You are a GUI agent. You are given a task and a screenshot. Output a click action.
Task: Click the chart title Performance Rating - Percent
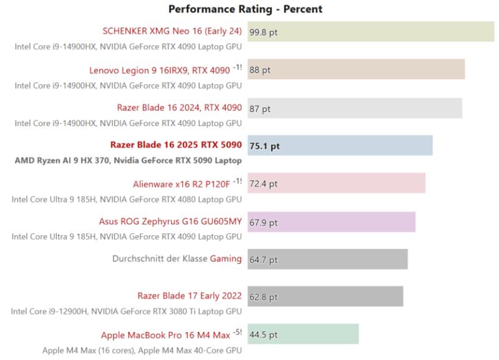[x=245, y=9]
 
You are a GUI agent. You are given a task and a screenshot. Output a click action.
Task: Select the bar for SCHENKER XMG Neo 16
[x=371, y=31]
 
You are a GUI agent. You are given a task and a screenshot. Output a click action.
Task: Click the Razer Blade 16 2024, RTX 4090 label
[x=179, y=108]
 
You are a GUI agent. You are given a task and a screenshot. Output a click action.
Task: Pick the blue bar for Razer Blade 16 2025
[x=340, y=146]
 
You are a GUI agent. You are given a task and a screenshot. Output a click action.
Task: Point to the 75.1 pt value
[x=264, y=146]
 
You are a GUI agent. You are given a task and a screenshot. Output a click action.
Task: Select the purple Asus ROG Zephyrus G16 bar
[x=331, y=222]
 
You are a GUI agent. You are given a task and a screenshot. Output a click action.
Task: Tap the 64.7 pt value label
[x=263, y=259]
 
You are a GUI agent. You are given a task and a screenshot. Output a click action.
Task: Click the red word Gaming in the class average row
[x=225, y=259]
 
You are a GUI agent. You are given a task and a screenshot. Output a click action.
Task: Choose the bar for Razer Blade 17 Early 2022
[x=325, y=296]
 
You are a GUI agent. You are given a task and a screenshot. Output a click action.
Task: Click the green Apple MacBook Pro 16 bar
[x=303, y=334]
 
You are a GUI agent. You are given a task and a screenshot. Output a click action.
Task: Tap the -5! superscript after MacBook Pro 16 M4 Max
[x=237, y=331]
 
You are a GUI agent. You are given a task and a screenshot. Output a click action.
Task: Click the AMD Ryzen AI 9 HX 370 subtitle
[x=128, y=160]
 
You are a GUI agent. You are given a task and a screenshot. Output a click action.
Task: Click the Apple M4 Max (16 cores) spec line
[x=142, y=350]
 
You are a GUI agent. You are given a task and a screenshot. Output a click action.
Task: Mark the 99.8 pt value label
[x=263, y=32]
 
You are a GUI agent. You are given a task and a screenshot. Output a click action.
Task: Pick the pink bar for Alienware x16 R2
[x=336, y=184]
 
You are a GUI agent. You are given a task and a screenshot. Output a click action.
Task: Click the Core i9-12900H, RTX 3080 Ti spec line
[x=127, y=311]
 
